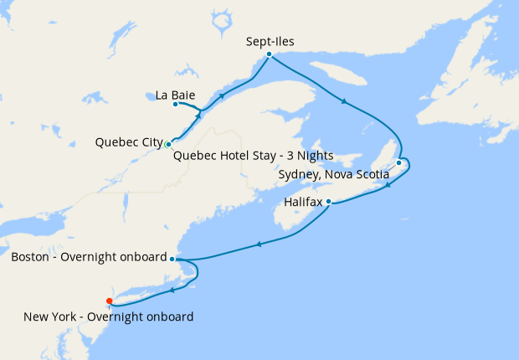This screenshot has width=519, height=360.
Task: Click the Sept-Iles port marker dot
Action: tap(269, 54)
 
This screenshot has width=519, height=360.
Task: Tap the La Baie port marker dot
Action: tap(176, 105)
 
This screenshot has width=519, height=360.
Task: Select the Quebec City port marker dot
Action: tap(169, 144)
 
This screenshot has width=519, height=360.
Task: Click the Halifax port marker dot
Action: tap(329, 202)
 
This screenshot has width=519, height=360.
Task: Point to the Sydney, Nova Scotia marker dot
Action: tap(399, 163)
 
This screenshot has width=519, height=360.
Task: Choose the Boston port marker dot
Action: tap(172, 260)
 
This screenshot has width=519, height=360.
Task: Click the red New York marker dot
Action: tap(110, 301)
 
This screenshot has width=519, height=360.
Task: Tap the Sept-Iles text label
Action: tap(270, 39)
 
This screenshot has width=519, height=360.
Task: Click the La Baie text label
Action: tap(176, 95)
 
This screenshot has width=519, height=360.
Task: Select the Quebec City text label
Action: tap(129, 142)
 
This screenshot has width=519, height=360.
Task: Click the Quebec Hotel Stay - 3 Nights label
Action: tap(253, 156)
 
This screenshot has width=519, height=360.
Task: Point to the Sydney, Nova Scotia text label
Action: tap(333, 174)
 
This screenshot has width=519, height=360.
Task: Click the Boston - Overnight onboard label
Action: tap(89, 257)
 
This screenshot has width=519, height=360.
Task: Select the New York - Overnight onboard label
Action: tap(109, 316)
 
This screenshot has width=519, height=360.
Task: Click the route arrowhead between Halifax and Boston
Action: tap(259, 244)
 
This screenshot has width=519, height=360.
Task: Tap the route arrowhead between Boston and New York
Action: tap(172, 291)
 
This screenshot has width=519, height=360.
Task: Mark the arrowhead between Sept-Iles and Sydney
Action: tap(343, 103)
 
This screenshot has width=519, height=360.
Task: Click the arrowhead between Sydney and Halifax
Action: tap(388, 185)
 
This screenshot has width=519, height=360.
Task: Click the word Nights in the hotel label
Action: tap(315, 156)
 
